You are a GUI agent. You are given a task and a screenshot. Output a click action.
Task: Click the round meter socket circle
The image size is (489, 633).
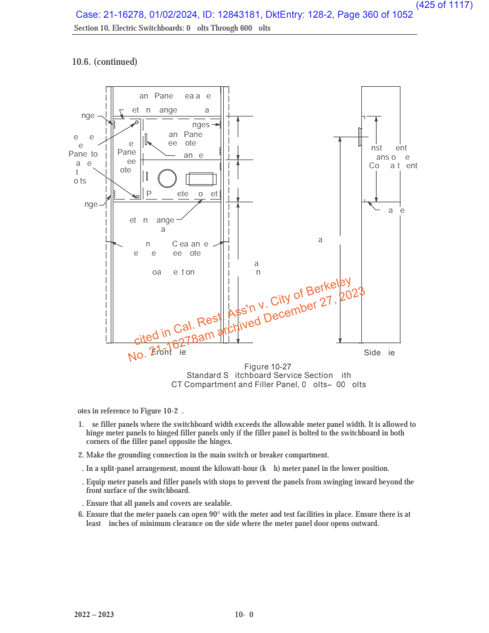167,178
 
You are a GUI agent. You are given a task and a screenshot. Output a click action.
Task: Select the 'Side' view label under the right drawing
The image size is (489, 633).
372,353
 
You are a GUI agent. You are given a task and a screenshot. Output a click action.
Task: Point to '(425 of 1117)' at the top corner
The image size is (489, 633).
444,5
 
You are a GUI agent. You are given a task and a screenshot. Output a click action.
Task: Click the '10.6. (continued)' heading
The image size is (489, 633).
105,62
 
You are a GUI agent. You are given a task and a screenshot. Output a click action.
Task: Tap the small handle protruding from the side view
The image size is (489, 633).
359,138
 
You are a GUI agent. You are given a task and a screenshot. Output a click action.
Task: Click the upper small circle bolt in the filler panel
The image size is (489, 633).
138,122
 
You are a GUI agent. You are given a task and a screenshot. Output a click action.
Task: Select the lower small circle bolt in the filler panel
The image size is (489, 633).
138,196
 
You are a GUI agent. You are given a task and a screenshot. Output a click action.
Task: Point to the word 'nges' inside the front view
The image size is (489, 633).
201,125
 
